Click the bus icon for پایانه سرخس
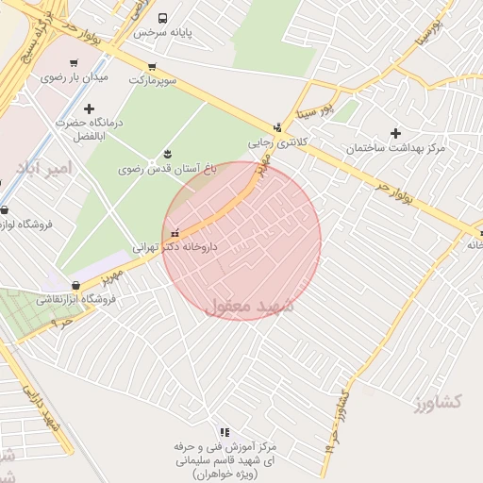click(162, 18)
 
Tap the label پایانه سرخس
click(162, 32)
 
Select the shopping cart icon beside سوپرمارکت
click(152, 66)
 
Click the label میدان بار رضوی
click(75, 76)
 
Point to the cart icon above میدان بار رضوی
click(74, 63)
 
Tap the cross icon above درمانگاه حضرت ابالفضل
click(90, 108)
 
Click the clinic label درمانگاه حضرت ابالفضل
click(91, 128)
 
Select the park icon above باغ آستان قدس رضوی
click(168, 154)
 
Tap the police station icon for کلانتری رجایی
click(276, 128)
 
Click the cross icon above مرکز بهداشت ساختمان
click(395, 134)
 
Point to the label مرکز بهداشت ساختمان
click(395, 149)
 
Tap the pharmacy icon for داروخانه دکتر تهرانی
click(175, 232)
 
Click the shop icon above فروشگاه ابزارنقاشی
click(76, 286)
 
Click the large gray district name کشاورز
click(437, 403)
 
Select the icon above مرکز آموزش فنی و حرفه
click(225, 431)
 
